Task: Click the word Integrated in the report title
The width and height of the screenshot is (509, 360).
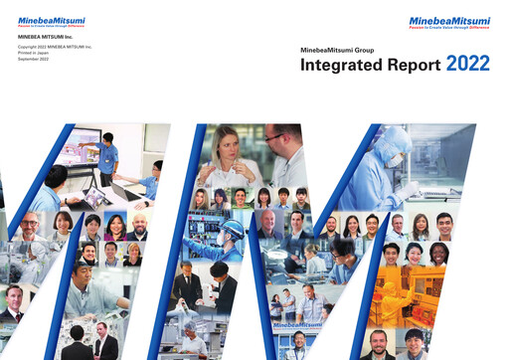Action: tap(341, 67)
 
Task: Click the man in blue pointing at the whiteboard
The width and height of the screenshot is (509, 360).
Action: tap(107, 147)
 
